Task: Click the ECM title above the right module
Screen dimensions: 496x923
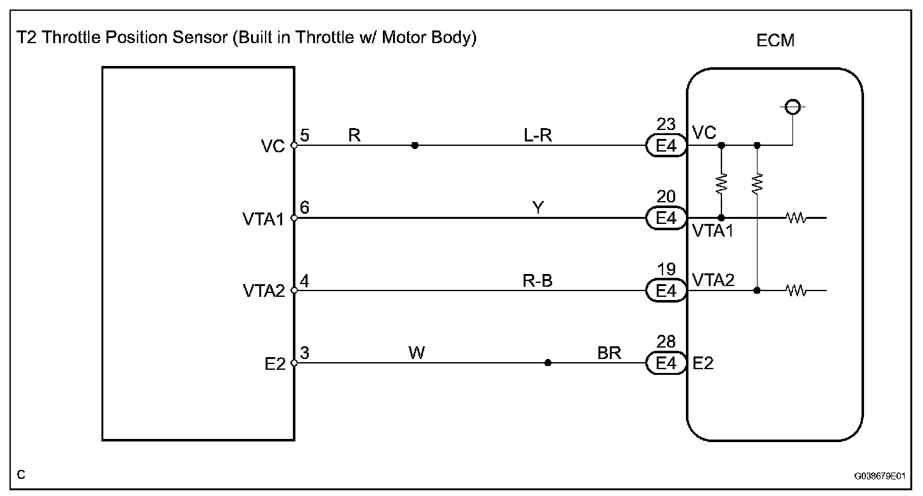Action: coord(775,41)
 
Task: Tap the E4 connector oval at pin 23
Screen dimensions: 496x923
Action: coord(666,146)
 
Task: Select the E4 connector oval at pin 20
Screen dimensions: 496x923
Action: coord(666,218)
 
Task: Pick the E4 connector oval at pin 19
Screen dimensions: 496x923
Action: coord(666,291)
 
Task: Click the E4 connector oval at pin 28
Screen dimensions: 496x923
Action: coord(666,363)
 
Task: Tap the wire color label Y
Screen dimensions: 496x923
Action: coord(538,207)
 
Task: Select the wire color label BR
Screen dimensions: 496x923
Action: coord(609,353)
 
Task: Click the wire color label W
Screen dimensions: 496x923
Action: coord(416,353)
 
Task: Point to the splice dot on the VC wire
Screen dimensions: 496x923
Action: coord(415,145)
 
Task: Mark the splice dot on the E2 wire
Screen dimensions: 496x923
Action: coord(548,363)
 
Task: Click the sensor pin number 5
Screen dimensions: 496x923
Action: coord(304,135)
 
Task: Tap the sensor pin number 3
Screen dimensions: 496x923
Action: coord(304,353)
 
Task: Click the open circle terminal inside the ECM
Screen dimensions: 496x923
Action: coord(792,107)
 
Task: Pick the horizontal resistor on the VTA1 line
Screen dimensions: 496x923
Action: coord(795,218)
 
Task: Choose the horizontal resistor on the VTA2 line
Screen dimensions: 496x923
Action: coord(795,291)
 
